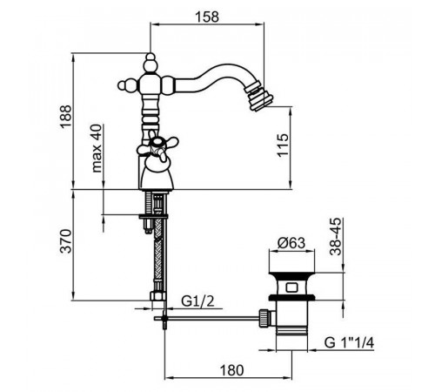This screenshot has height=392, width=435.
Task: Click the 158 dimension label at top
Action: pyautogui.click(x=207, y=17)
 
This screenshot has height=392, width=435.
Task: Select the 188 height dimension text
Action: pyautogui.click(x=65, y=117)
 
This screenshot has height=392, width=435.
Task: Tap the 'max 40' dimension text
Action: pyautogui.click(x=97, y=148)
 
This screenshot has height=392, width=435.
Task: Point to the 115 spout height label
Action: pyautogui.click(x=283, y=145)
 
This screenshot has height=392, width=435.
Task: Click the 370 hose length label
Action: pyautogui.click(x=65, y=241)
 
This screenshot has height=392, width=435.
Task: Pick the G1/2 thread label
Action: pyautogui.click(x=197, y=301)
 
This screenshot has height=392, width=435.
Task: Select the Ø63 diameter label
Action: pyautogui.click(x=291, y=243)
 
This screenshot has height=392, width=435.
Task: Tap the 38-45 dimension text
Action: pyautogui.click(x=336, y=237)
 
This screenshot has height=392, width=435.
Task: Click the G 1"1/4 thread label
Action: pyautogui.click(x=349, y=343)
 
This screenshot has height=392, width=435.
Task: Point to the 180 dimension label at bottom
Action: pyautogui.click(x=231, y=370)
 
